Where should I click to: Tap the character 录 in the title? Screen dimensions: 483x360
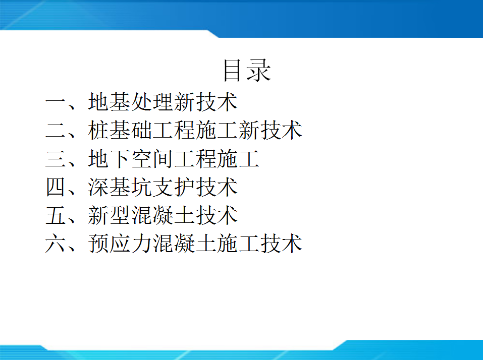tap(258, 71)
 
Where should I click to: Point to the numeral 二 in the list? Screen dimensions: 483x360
tap(55, 131)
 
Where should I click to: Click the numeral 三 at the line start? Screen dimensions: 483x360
tap(55, 159)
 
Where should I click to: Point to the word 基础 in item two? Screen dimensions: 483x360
tap(130, 130)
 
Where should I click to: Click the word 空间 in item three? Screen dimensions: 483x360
tap(152, 159)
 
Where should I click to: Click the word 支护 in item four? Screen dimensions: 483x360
tap(174, 187)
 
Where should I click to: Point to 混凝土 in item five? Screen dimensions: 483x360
tap(163, 215)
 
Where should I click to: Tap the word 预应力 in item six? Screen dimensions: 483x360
tap(120, 244)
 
